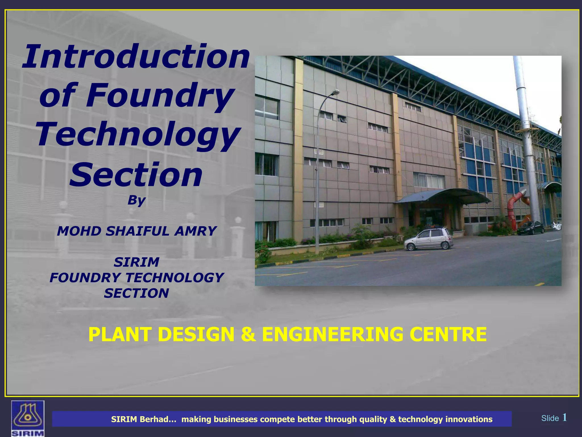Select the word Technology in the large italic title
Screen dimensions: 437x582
138,135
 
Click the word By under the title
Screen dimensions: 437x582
136,200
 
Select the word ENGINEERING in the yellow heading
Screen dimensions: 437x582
332,334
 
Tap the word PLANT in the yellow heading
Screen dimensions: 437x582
119,334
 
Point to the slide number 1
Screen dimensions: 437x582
564,418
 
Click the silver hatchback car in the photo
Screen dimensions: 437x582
429,239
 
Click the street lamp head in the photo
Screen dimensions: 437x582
336,92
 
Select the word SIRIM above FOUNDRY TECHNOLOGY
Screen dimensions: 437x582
136,262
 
